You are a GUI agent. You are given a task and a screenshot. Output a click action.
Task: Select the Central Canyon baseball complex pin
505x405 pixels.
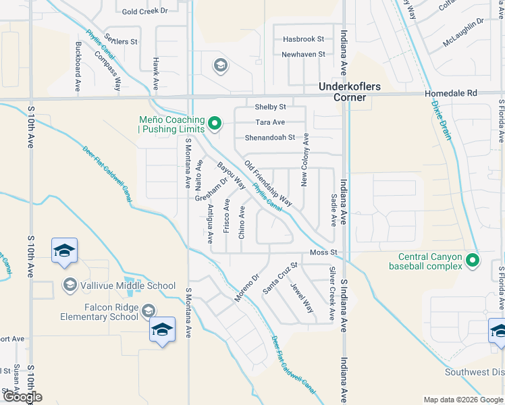472,260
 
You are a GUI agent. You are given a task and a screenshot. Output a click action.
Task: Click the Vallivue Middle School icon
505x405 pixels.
70,286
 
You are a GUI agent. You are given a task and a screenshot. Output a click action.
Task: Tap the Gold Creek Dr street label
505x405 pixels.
144,11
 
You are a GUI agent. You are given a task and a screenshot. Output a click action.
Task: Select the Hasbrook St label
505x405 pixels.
304,40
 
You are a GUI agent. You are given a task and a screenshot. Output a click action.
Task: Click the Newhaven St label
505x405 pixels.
304,54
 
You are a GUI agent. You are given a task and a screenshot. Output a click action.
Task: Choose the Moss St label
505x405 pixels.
323,252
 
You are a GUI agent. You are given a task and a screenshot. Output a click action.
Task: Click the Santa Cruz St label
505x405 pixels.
280,278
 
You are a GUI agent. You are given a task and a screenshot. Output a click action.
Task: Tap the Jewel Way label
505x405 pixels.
302,298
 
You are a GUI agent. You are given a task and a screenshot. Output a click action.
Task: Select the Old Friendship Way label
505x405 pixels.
268,183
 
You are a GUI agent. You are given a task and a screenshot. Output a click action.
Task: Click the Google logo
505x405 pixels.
22,397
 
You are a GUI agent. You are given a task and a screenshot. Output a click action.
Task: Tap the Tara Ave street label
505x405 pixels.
270,122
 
